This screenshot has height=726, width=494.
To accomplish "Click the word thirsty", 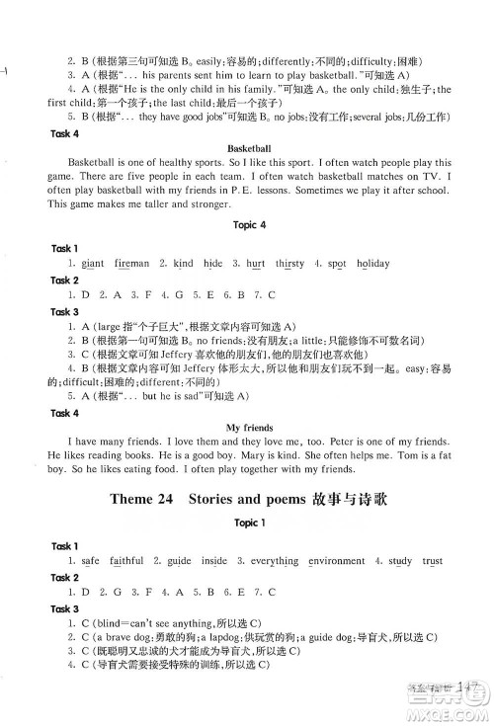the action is [289, 264].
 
